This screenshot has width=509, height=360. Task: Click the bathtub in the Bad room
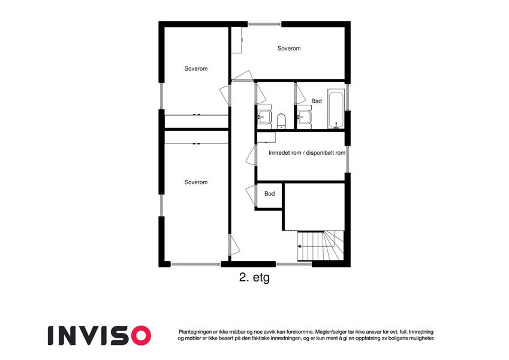[336, 109]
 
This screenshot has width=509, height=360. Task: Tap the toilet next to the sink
[281, 120]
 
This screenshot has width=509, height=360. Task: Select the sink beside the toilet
[264, 116]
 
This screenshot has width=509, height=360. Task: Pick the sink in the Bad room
[304, 116]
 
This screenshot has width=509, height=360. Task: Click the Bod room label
[269, 194]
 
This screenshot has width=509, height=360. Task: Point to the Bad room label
[317, 101]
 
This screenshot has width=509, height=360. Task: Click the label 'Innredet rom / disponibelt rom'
[307, 153]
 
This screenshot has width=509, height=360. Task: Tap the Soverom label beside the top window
[289, 49]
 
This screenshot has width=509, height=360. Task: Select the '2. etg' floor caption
[254, 278]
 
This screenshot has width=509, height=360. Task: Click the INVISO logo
[100, 335]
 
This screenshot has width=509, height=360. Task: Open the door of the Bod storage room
[251, 195]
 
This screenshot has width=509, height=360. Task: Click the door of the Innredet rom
[251, 155]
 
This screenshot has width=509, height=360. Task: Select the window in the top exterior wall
[264, 24]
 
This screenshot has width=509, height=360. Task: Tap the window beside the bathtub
[347, 97]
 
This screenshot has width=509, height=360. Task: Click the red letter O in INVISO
[139, 335]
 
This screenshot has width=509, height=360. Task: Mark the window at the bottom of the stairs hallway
[294, 264]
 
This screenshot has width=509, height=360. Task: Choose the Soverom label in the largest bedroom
[195, 182]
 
